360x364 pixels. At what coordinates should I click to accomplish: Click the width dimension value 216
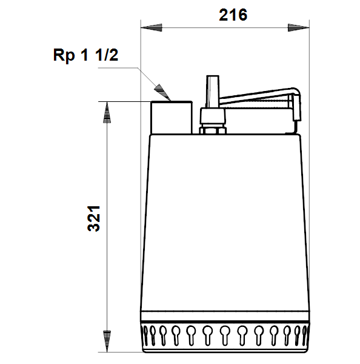tap(233, 15)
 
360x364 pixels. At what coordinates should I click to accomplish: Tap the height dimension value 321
tap(94, 218)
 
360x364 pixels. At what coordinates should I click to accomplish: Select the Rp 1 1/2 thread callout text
tap(85, 55)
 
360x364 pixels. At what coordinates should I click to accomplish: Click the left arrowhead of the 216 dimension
tap(152, 28)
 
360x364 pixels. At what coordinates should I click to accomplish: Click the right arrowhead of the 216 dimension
tap(299, 28)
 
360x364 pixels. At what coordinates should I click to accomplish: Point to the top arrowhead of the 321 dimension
tap(107, 112)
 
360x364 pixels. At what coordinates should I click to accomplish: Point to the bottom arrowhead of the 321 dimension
tap(107, 341)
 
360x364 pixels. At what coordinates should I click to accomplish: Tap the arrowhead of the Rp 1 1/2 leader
tap(163, 93)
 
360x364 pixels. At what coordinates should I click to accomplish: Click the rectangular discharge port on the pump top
tap(172, 118)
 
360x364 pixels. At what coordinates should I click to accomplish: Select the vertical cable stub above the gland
tap(213, 92)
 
